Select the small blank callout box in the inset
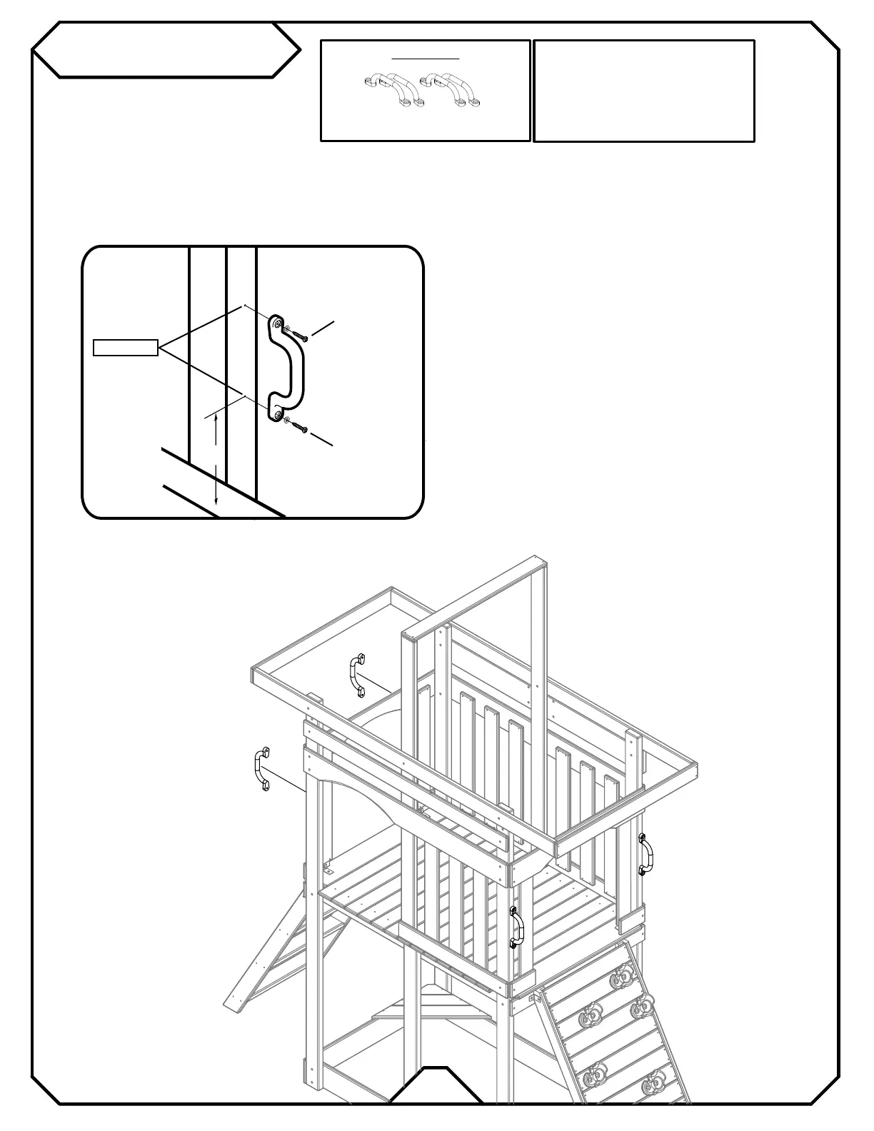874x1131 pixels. [x=126, y=348]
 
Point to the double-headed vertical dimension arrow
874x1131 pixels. [x=216, y=461]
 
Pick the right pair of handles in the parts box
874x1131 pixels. [x=451, y=90]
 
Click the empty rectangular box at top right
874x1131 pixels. [x=643, y=91]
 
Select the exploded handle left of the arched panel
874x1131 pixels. [x=261, y=770]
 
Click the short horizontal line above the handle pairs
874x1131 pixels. [x=426, y=56]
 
